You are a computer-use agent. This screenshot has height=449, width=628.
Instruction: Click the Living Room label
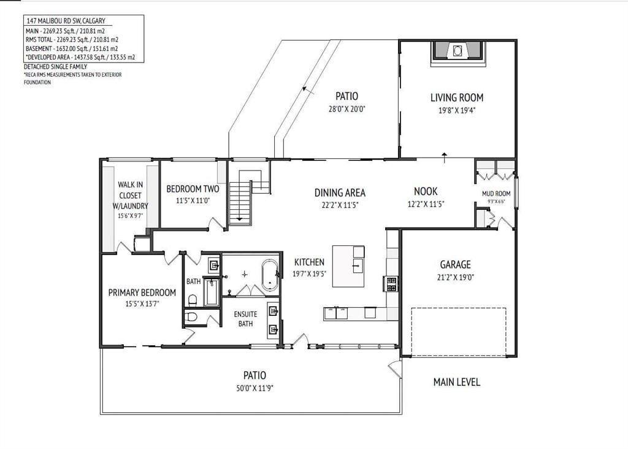coord(456,98)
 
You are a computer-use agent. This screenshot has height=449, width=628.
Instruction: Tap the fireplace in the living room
coord(458,51)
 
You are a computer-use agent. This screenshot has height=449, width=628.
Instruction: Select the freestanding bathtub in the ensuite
coord(270,275)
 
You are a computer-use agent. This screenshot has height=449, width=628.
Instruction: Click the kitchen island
coord(348,266)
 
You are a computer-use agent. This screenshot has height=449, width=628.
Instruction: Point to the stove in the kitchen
coord(391,284)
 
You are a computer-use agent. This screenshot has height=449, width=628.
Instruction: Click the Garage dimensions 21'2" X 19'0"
coord(456,277)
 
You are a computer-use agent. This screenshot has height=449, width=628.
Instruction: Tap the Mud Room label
coord(496,194)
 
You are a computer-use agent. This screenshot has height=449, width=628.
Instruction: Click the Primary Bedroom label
coord(142,293)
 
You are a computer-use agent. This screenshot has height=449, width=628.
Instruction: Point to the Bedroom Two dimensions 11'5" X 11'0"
coord(193,200)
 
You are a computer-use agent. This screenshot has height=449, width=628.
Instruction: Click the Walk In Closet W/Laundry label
coord(130,195)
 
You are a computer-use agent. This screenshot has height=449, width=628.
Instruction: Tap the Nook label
coord(426,191)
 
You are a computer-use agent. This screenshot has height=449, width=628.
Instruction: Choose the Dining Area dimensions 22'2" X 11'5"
coord(340,205)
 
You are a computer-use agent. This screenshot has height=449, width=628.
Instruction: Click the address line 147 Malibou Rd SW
coord(66,21)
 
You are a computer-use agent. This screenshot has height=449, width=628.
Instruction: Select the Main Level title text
coord(456,382)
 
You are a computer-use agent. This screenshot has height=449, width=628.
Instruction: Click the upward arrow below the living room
coord(445,158)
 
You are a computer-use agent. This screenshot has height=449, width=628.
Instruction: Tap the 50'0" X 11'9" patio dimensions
coord(255,388)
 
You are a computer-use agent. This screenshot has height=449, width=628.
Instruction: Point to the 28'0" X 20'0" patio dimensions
coord(347,109)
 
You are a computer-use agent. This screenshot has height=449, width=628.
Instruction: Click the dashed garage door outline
coord(459,332)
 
